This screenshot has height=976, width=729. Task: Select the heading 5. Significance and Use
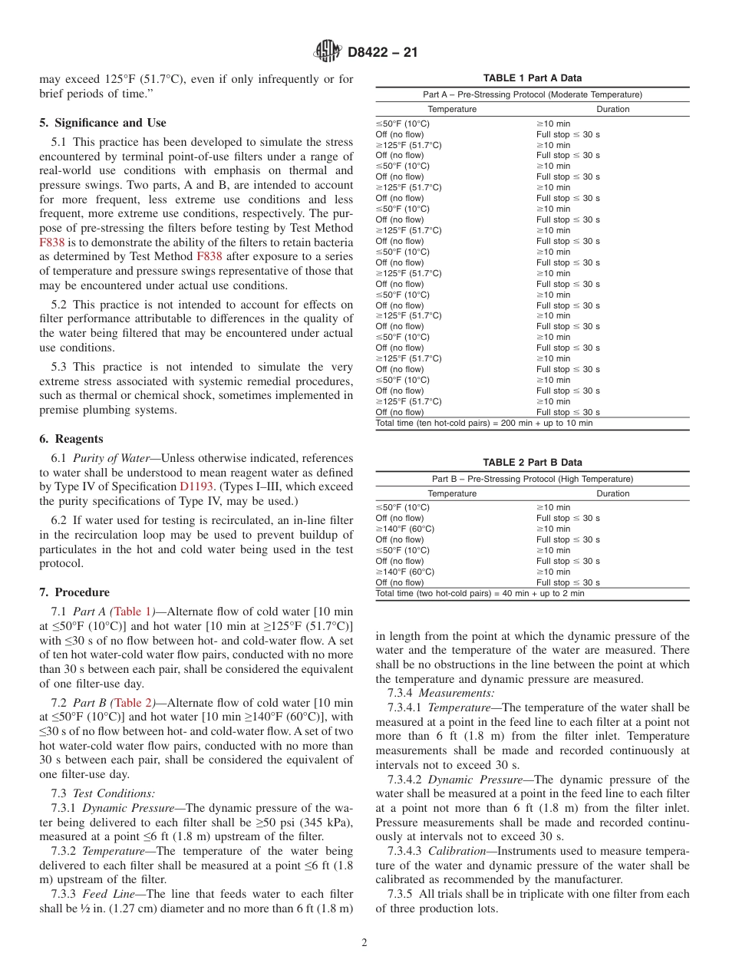pos(102,123)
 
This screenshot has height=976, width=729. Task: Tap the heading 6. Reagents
pos(71,439)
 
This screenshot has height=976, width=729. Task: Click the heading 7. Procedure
pos(74,592)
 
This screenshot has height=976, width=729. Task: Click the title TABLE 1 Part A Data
pos(532,78)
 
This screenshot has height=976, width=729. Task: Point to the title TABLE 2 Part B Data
pos(532,463)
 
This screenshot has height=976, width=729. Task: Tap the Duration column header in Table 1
pos(612,109)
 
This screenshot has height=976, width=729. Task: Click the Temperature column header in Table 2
pos(452,493)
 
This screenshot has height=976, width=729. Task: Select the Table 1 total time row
pos(483,424)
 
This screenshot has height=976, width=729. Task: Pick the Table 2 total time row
pos(480,593)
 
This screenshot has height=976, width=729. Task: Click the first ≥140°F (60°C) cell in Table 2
pos(405,529)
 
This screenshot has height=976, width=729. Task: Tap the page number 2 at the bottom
pos(364,943)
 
